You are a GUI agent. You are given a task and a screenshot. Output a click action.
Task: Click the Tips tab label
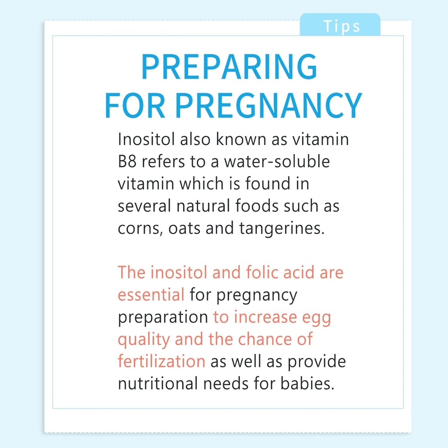pos(342,26)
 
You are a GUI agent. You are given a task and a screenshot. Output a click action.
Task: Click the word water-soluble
pos(277,162)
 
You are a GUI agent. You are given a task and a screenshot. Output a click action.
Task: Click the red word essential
pos(151,295)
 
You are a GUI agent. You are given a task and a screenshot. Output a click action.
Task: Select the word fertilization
pos(161,361)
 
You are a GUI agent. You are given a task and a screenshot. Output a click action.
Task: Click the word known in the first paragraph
pos(235,140)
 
